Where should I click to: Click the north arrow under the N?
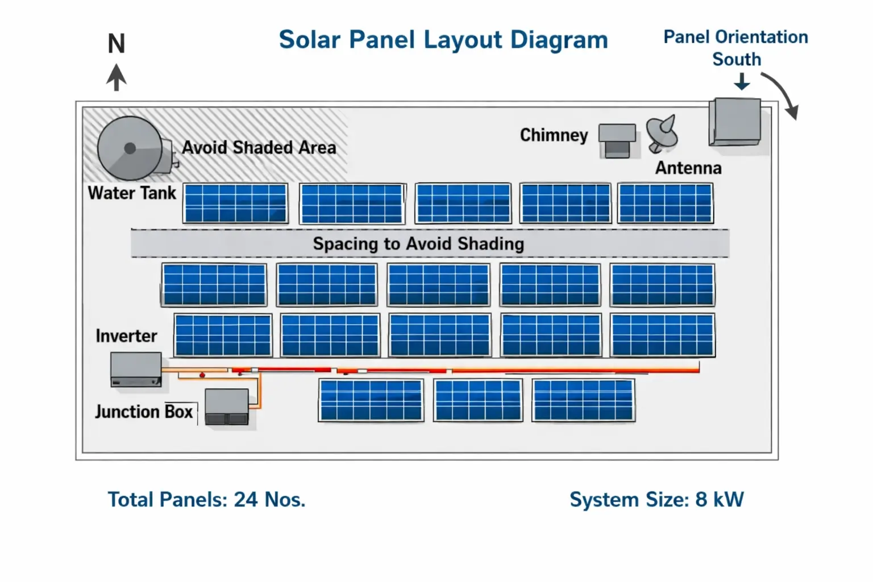[117, 77]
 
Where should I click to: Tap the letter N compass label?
[117, 44]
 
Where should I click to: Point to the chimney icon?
[617, 140]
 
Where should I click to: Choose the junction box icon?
[227, 407]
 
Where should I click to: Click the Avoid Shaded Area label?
[259, 148]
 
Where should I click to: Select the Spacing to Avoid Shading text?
[418, 244]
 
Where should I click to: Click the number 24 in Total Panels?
[246, 500]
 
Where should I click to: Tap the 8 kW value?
[719, 500]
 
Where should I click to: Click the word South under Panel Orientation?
[737, 60]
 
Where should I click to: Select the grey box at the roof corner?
[734, 122]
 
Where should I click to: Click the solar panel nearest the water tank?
[235, 203]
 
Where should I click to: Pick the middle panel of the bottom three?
[477, 400]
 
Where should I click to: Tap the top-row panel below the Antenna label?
[665, 203]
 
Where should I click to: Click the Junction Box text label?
[144, 411]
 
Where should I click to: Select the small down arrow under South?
[742, 82]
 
